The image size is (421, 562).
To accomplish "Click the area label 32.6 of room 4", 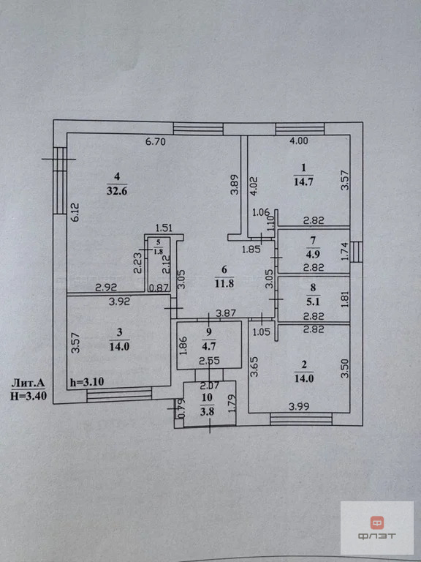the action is pyautogui.click(x=117, y=191).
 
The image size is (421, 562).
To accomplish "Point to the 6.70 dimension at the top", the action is pyautogui.click(x=156, y=142).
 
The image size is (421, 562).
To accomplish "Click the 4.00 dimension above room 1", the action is pyautogui.click(x=298, y=141).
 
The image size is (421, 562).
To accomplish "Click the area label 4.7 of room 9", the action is pyautogui.click(x=209, y=347).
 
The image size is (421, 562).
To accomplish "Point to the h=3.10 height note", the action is pyautogui.click(x=86, y=382).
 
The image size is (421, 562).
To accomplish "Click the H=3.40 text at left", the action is pyautogui.click(x=29, y=397).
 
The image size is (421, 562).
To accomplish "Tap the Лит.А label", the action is pyautogui.click(x=29, y=383).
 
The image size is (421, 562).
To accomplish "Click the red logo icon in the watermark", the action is pyautogui.click(x=376, y=522).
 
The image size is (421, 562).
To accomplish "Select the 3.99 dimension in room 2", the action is pyautogui.click(x=298, y=406).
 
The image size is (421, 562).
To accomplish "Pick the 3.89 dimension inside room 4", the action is pyautogui.click(x=235, y=184).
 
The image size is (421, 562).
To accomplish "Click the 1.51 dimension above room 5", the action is pyautogui.click(x=164, y=228).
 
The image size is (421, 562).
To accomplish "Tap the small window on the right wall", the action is pyautogui.click(x=357, y=252).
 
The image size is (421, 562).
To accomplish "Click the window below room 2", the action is pyautogui.click(x=300, y=419).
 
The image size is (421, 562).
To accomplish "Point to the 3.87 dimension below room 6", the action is pyautogui.click(x=227, y=313).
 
